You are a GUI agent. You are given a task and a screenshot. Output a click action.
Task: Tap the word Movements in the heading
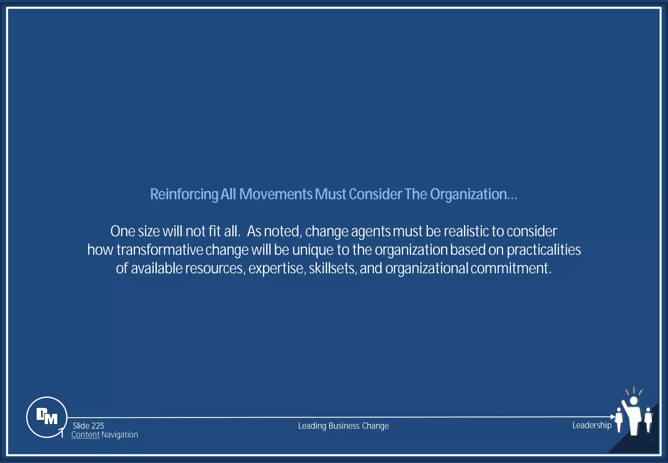point(276,194)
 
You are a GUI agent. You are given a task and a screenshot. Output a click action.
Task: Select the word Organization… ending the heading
point(473,194)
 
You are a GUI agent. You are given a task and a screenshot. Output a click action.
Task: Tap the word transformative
point(160,250)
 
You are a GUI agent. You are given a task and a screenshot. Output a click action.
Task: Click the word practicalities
point(543,250)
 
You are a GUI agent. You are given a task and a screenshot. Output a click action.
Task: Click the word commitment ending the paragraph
point(510,269)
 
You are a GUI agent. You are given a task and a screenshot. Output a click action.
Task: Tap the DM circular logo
point(47,417)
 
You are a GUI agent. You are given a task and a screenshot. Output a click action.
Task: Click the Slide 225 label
point(88,426)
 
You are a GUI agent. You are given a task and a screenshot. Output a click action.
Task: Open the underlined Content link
point(85,435)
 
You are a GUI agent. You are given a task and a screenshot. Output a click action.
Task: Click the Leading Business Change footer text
point(343,426)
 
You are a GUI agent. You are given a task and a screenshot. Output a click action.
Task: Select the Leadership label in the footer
point(592,425)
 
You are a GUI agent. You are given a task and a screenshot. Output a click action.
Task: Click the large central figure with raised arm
point(633,416)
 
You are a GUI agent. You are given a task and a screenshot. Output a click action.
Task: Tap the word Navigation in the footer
point(120,435)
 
